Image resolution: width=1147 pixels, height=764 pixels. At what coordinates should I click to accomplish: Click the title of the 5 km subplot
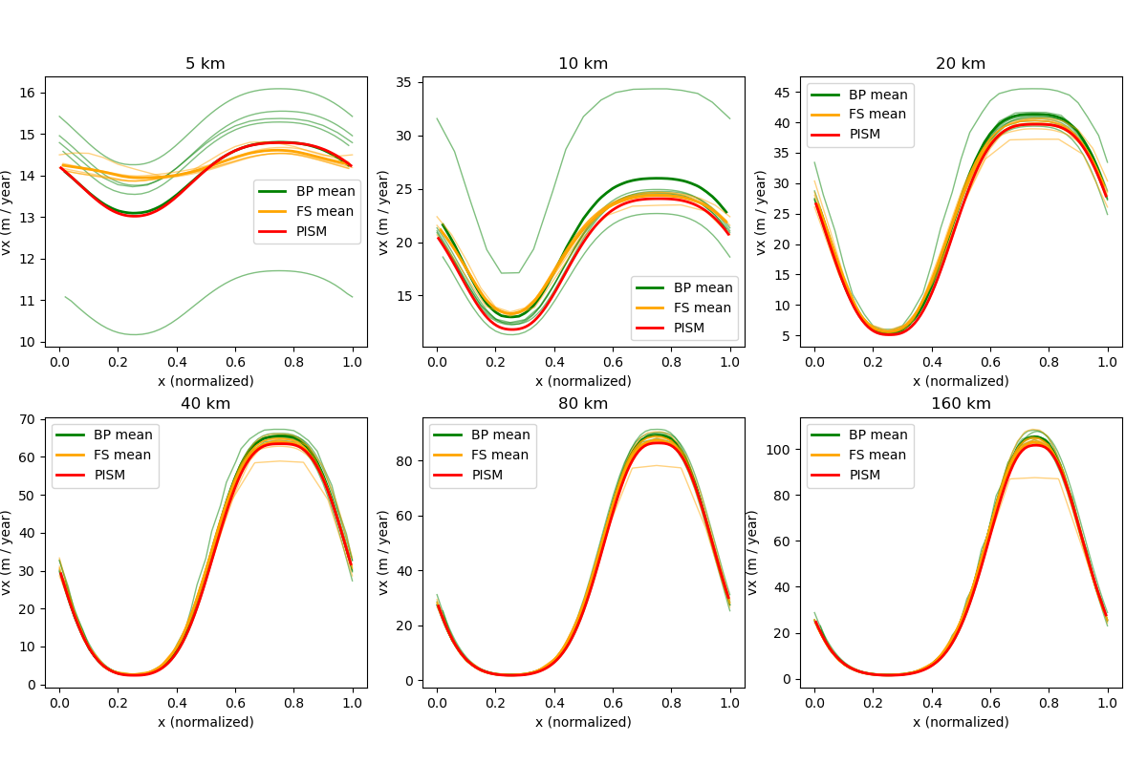tap(206, 64)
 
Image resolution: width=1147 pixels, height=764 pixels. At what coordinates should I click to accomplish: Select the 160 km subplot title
tap(961, 403)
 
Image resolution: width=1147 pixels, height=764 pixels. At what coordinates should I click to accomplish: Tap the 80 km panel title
tap(583, 403)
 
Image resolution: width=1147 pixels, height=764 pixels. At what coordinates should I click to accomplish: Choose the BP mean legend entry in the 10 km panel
tap(702, 287)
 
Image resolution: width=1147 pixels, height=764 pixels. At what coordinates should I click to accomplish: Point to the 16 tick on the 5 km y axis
tap(32, 93)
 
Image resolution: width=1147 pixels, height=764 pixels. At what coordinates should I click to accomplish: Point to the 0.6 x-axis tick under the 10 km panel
tap(613, 363)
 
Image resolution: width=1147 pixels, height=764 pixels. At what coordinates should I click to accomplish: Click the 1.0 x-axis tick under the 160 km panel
tap(1108, 704)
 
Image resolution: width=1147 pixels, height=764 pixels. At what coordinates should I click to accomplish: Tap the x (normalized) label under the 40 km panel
tap(206, 722)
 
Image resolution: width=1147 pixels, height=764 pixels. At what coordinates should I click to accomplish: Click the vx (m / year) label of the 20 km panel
tap(761, 212)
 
